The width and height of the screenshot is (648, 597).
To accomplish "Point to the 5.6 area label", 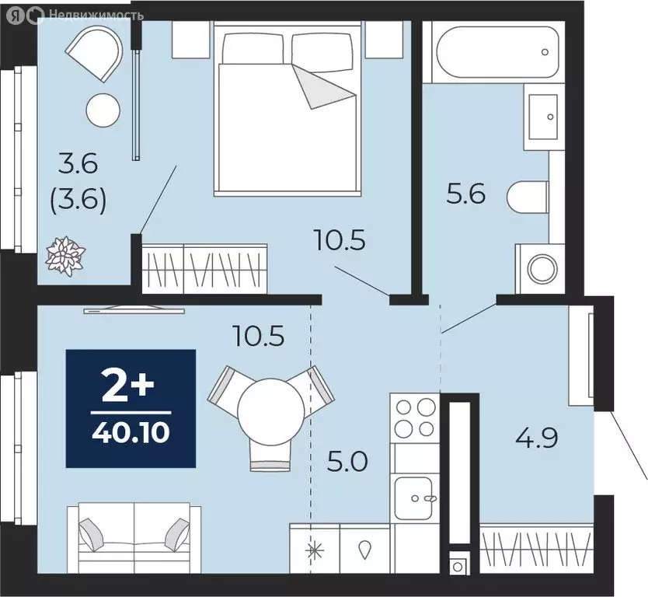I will [x=466, y=192].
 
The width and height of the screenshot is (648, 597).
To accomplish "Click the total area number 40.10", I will [x=130, y=429].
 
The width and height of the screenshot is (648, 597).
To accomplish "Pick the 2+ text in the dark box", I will [x=130, y=386].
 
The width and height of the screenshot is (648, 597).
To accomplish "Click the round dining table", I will [x=271, y=410].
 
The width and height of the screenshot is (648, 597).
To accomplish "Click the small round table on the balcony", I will [x=103, y=109].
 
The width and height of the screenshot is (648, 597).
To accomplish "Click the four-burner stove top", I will [x=415, y=418].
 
